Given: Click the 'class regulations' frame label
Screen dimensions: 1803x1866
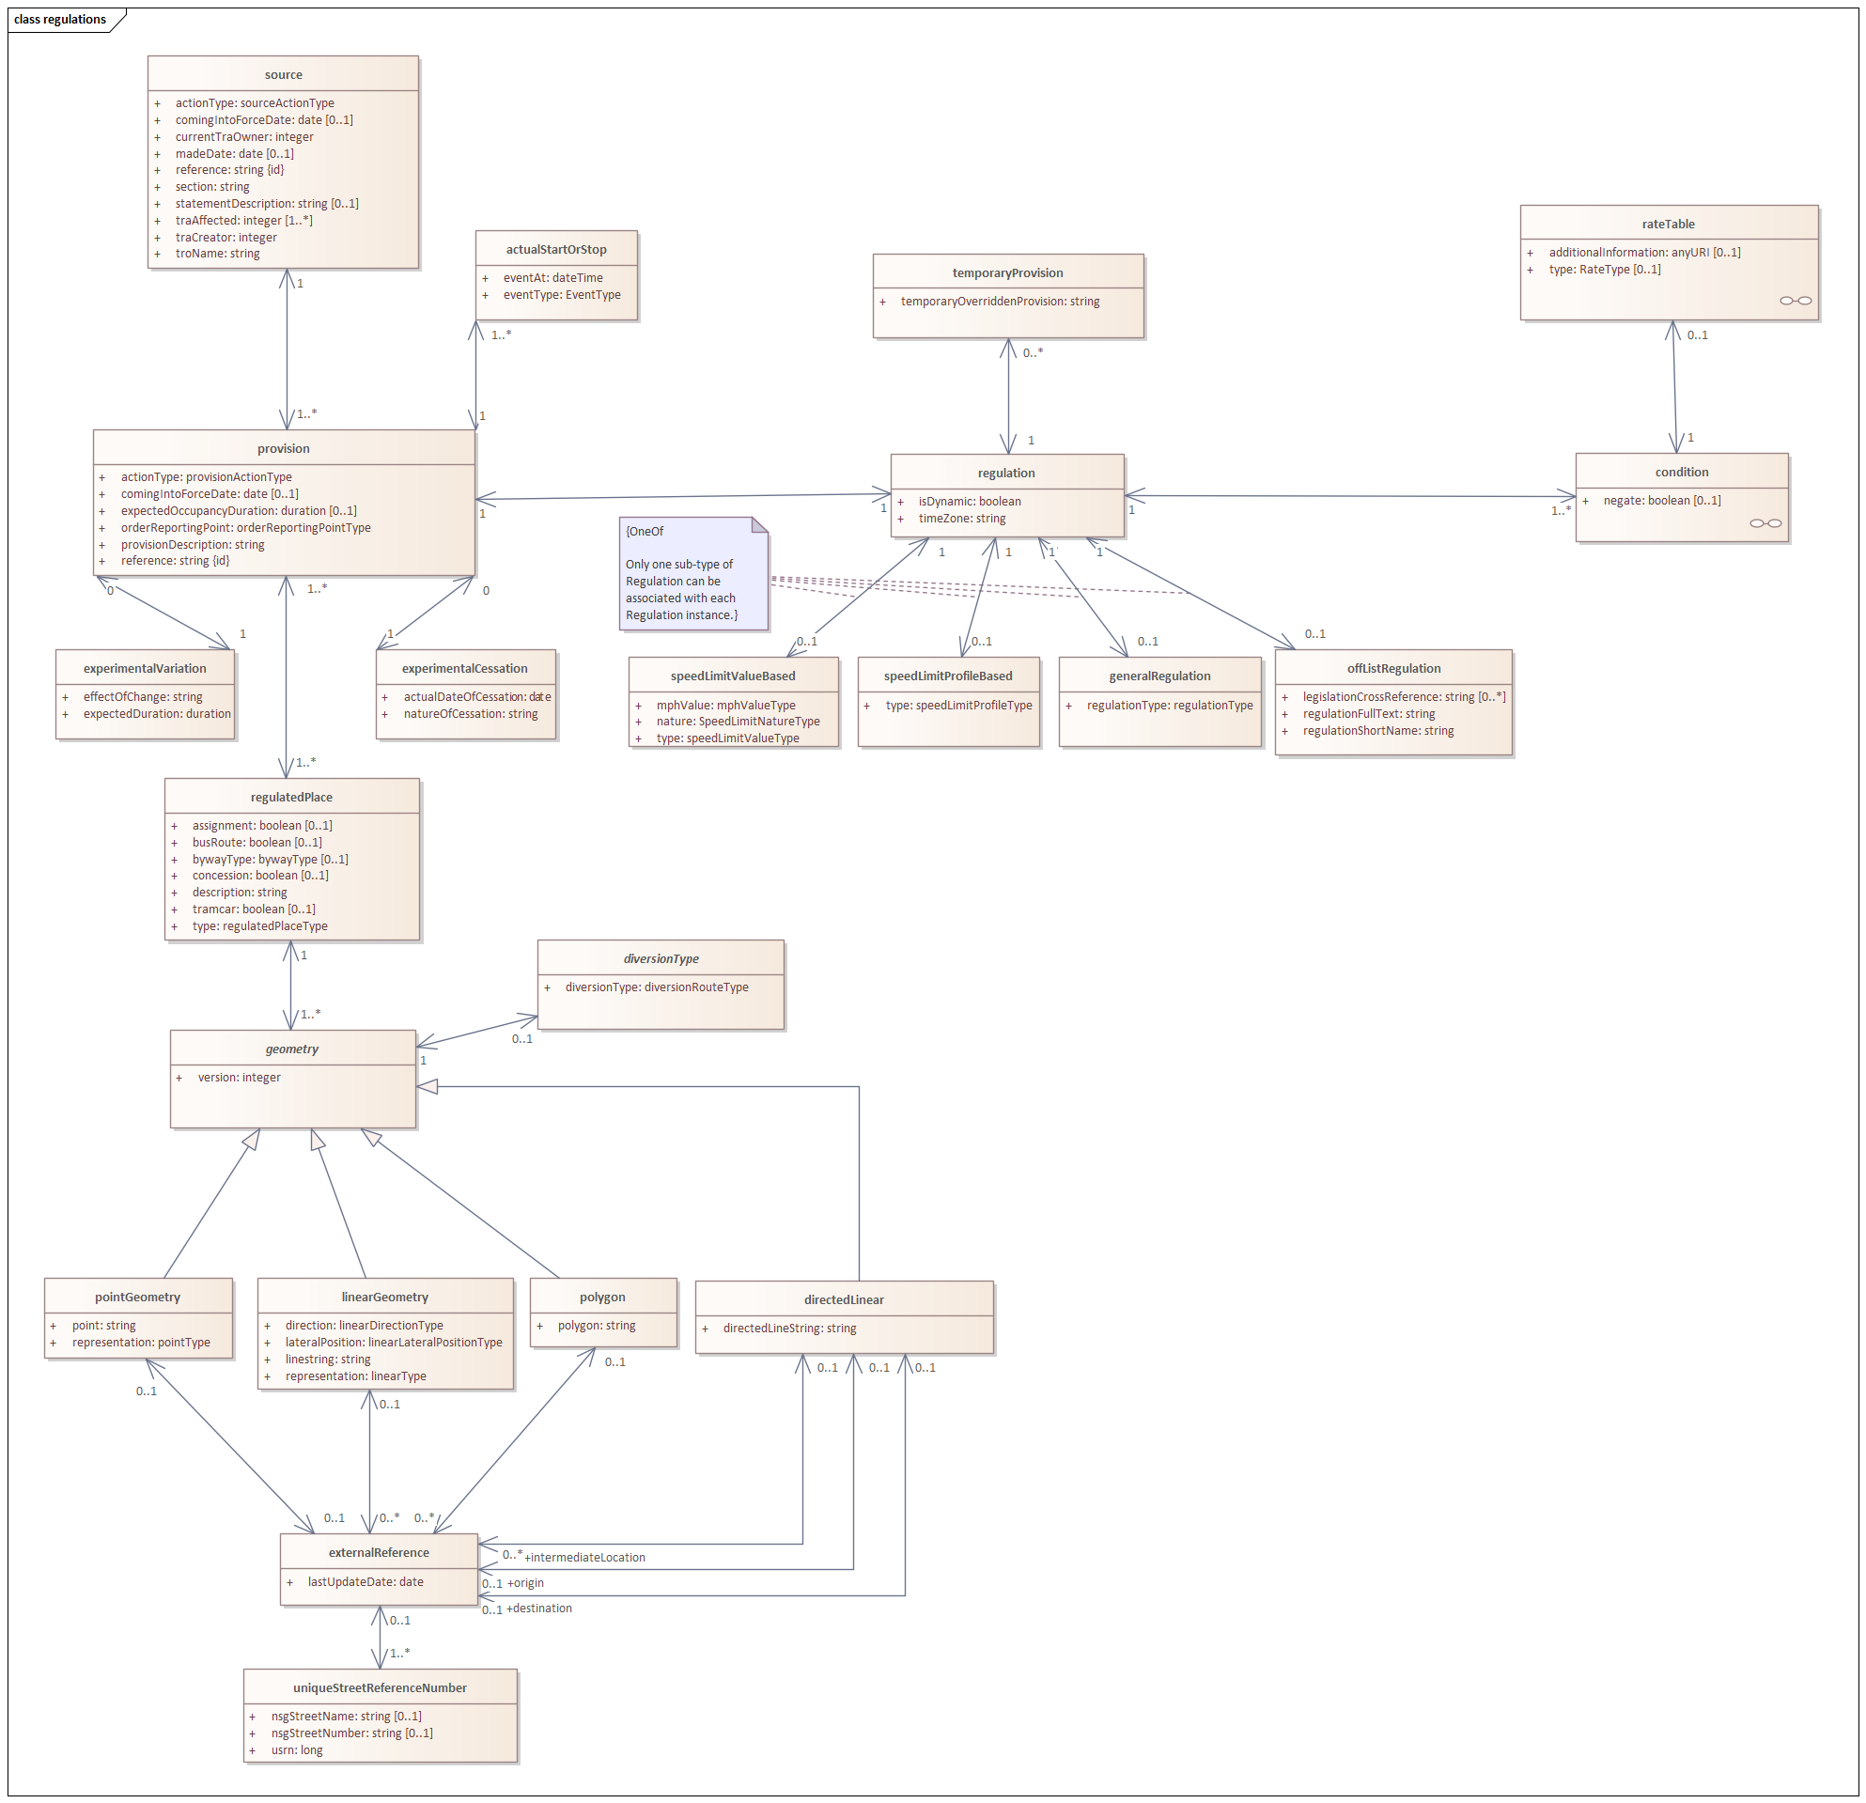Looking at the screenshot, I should [x=60, y=19].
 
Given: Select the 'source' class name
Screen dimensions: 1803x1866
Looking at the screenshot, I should [x=283, y=74].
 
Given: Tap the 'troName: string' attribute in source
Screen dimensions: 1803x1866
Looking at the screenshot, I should [x=217, y=254].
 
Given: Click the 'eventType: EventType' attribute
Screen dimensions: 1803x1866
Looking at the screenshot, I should [x=562, y=294].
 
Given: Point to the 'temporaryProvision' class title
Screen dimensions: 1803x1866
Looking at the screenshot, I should [x=1007, y=272].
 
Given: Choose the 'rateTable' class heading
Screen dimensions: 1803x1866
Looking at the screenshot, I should [x=1668, y=224].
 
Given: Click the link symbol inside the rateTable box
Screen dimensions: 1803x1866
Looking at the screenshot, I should [x=1795, y=301].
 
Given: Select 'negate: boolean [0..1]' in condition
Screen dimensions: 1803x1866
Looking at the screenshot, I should [x=1661, y=500].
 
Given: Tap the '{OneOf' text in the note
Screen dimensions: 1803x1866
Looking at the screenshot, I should [x=645, y=531].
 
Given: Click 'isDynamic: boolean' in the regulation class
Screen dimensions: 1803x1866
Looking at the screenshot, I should [x=970, y=501].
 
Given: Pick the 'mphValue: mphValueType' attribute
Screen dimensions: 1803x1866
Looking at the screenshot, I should [x=725, y=705].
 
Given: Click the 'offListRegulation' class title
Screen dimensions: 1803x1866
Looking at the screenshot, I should [x=1392, y=668].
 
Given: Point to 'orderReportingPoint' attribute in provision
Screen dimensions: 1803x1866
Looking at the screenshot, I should [x=245, y=527].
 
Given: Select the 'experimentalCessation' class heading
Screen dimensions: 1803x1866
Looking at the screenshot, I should [x=464, y=668].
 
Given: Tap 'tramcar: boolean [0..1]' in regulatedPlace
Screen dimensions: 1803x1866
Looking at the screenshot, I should [x=254, y=909].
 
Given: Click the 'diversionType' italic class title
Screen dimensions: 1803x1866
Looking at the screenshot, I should [x=661, y=958].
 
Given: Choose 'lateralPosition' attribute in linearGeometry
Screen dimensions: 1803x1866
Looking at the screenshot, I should [x=393, y=1343].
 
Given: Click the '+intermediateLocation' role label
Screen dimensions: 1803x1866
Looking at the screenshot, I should [x=584, y=1558].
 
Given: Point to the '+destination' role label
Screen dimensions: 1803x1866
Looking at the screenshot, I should [x=539, y=1608].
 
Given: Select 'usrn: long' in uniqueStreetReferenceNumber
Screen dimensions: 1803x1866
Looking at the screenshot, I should [x=296, y=1749].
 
